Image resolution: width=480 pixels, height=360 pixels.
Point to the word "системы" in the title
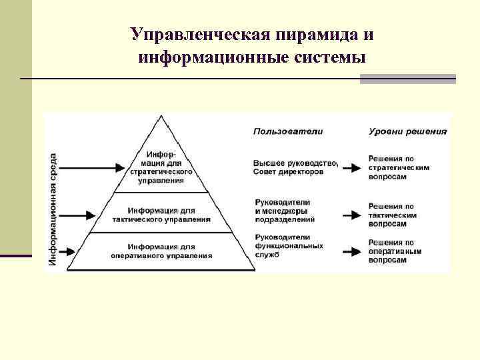331,57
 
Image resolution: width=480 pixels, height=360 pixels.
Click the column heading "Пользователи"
287,131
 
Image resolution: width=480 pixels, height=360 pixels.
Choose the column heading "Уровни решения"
407,131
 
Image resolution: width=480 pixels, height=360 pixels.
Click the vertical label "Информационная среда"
53,210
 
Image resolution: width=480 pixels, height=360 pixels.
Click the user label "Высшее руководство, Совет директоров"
295,167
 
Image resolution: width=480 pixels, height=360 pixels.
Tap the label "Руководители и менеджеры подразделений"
285,210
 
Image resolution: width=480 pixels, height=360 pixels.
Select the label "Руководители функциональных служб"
289,246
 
